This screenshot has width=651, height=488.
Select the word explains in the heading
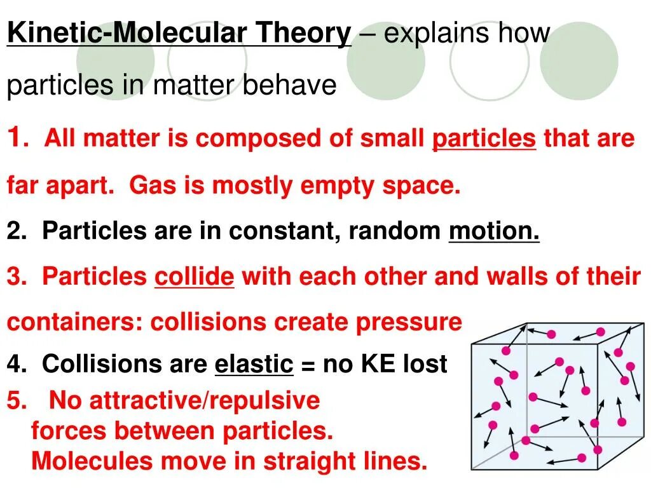(x=432, y=33)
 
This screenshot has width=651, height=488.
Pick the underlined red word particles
(x=484, y=139)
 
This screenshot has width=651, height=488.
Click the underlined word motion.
(x=493, y=231)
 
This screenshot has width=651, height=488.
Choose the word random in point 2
(x=394, y=231)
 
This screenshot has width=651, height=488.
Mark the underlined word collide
(x=195, y=276)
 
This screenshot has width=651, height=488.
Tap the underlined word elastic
(x=254, y=364)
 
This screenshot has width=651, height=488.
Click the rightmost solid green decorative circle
(x=579, y=62)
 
